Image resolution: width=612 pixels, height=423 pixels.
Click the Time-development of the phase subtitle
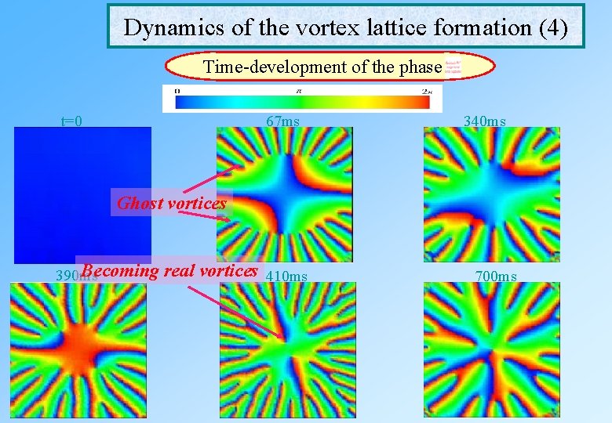pos(322,67)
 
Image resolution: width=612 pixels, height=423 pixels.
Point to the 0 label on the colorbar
pos(177,92)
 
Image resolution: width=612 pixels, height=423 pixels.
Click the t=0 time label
pos(72,121)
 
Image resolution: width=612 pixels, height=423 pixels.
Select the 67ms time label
pos(282,121)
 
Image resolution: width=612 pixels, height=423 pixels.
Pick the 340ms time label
pos(484,121)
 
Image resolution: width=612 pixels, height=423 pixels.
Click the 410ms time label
pos(287,276)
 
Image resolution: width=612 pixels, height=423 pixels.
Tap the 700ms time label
pos(496,276)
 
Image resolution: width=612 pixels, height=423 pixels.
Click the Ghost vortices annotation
pos(172,204)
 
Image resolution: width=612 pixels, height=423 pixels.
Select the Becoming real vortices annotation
pos(169,271)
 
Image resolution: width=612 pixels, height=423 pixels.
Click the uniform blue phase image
pos(82,195)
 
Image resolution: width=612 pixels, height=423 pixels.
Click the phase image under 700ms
pos(491,350)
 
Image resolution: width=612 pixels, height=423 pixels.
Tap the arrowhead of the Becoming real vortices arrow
pos(282,336)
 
